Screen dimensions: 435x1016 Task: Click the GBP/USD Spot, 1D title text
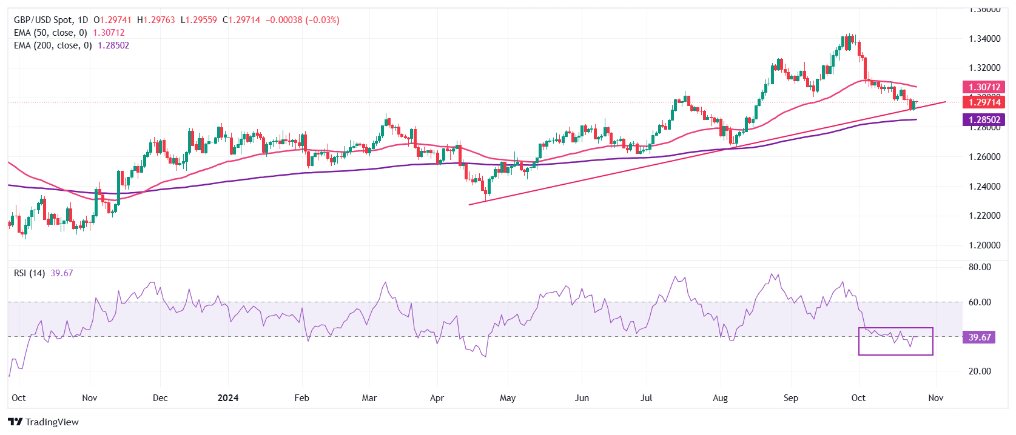pos(51,20)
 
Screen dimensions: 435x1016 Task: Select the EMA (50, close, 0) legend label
pos(50,33)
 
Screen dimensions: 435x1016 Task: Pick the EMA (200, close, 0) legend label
pos(53,45)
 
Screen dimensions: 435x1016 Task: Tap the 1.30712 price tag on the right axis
pos(984,87)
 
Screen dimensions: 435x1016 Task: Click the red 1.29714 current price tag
pos(984,102)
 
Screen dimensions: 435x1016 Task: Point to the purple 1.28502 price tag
pos(984,120)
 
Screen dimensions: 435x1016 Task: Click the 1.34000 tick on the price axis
pos(984,39)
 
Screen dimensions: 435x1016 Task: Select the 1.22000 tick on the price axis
pos(984,216)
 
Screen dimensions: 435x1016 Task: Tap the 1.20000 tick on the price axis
pos(984,245)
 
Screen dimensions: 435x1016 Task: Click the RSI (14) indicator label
pos(29,273)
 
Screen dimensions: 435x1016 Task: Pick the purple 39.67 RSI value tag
pos(979,337)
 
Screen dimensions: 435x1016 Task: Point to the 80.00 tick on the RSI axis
pos(979,267)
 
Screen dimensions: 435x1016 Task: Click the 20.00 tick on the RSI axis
pos(979,371)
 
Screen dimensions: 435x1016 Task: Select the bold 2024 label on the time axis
pos(228,398)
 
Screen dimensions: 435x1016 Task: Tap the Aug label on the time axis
pos(720,398)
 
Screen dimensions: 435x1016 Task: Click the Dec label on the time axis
pos(160,398)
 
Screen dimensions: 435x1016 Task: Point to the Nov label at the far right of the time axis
pos(936,398)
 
